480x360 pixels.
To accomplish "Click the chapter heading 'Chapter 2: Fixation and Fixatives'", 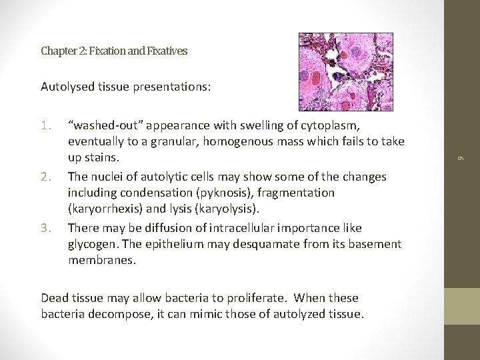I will (x=114, y=50).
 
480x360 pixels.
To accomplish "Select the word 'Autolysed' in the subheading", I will (x=65, y=86).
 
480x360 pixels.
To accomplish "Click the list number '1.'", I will (x=47, y=125).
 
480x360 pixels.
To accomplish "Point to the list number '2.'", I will (x=47, y=177).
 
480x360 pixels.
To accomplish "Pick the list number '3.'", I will (x=47, y=229).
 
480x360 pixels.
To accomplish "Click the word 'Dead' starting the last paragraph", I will (x=55, y=297).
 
